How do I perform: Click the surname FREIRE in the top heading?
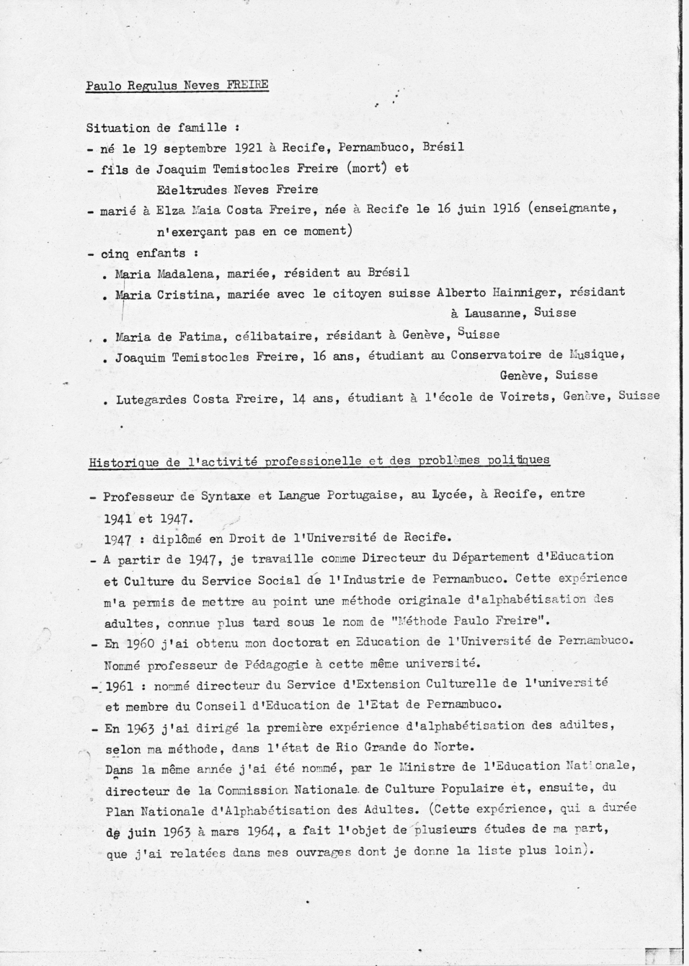point(247,84)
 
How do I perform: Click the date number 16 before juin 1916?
point(445,209)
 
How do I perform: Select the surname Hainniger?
point(528,293)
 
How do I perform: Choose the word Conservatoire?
point(495,355)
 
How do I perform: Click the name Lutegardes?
point(151,399)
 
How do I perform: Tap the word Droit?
point(247,537)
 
